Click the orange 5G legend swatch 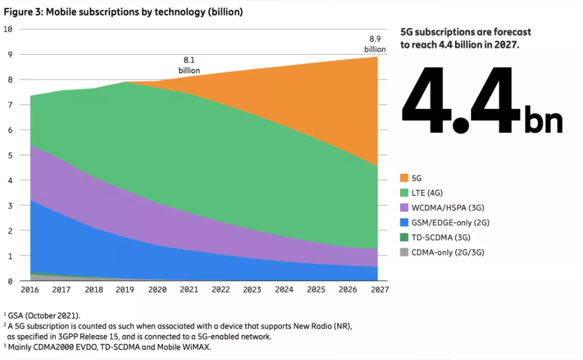404,178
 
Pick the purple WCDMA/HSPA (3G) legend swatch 404,208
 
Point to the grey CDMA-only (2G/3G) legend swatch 404,252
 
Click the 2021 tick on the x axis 189,290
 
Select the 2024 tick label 284,290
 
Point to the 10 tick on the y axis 8,29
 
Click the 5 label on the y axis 10,155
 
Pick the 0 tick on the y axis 10,281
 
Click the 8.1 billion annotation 189,66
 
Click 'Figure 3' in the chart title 21,11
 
